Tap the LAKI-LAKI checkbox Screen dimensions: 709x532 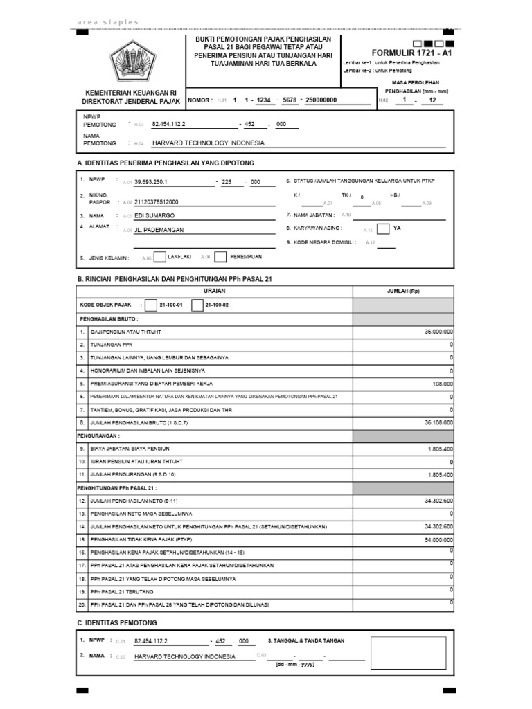pos(159,257)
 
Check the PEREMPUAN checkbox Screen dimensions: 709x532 pos(220,257)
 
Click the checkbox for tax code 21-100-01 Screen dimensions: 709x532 pos(151,305)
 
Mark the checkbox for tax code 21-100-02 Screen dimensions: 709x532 pos(197,305)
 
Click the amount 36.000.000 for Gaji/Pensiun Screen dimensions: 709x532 pos(438,332)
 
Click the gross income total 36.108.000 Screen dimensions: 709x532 pos(438,422)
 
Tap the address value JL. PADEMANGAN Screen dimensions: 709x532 pos(159,231)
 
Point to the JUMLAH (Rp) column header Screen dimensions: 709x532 pos(404,291)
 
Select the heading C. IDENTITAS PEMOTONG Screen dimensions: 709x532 pos(117,622)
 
